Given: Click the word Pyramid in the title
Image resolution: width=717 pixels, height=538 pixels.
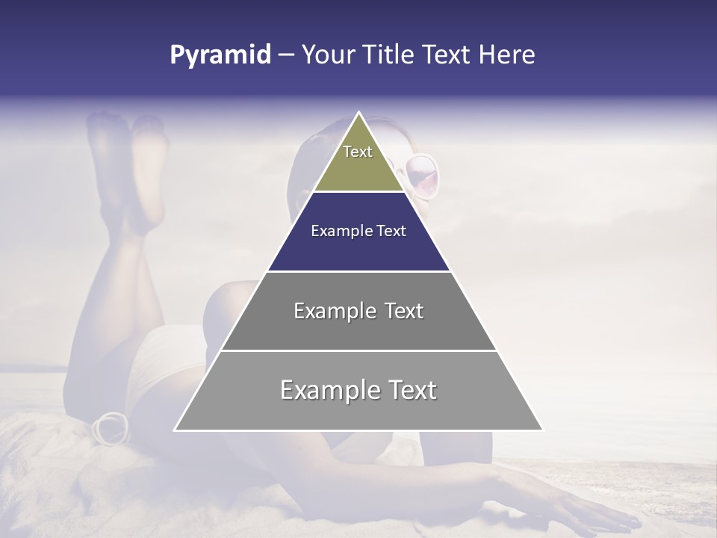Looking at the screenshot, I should click(220, 55).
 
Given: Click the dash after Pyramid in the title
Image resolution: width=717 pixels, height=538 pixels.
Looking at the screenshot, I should click(286, 55).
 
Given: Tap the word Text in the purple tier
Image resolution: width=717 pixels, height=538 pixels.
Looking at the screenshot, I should click(391, 231).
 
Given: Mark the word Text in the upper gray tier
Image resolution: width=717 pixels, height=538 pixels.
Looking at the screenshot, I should click(404, 311).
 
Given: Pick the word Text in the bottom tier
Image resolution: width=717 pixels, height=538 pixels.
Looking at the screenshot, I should click(413, 390).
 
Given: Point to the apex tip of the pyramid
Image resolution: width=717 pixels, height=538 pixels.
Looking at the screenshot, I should click(358, 113).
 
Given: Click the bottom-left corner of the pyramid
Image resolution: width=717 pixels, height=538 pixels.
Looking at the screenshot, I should click(176, 430).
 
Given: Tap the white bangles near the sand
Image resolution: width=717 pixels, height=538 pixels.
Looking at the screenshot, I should click(109, 427).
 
